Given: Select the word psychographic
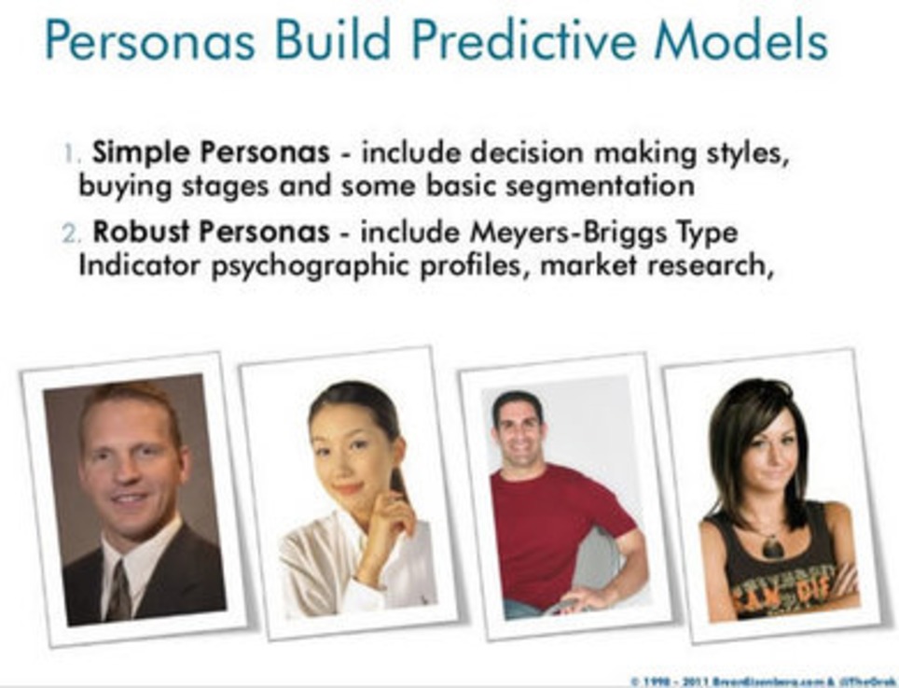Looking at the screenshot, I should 330,264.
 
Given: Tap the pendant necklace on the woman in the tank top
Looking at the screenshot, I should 772,545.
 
